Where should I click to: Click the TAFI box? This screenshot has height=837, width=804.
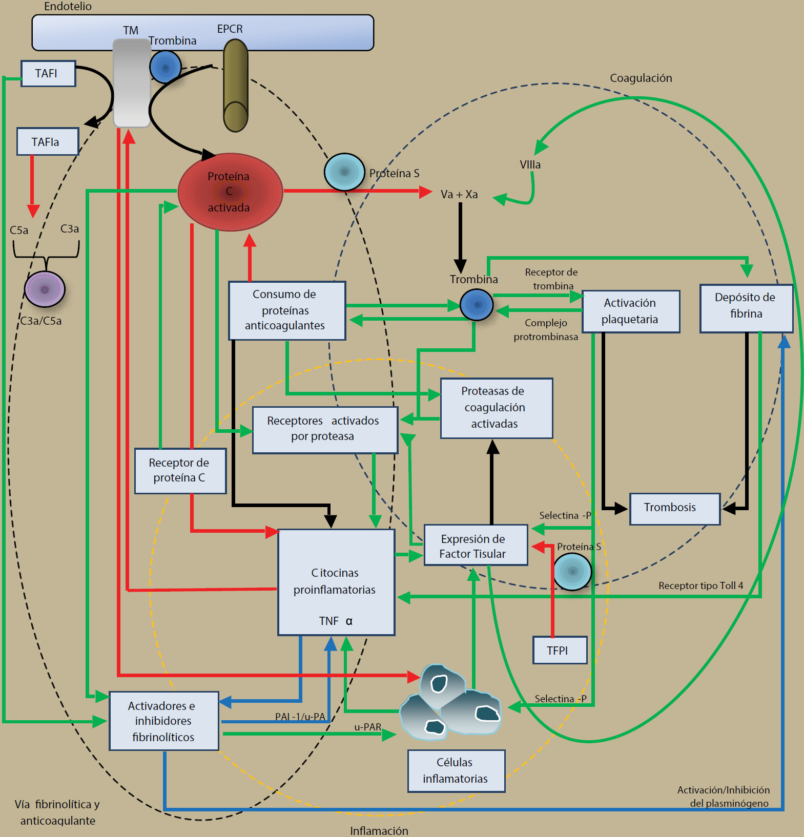48,74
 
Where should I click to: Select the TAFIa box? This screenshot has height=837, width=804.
48,141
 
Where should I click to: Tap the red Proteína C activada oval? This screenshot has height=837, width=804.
230,192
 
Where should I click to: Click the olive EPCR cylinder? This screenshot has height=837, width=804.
236,85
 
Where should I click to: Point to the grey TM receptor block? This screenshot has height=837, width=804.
132,83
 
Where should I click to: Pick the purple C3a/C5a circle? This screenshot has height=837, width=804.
45,289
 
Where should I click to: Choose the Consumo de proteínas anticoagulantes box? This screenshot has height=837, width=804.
287,310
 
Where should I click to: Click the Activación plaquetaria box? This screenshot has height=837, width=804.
631,311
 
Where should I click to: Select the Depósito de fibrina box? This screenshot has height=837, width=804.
746,308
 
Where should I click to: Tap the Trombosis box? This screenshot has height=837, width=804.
675,509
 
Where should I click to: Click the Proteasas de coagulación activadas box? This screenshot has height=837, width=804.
496,408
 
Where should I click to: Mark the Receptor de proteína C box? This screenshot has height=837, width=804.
180,471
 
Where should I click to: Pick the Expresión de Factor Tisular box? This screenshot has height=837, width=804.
476,545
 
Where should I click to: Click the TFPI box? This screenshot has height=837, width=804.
560,650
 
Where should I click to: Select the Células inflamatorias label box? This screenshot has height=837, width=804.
456,771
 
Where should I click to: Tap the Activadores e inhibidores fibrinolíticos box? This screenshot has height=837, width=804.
164,721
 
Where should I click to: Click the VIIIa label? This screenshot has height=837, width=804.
530,165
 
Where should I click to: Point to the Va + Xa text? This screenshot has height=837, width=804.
459,195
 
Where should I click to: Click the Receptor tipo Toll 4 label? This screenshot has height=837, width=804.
700,585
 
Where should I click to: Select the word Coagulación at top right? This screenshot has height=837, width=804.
641,78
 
